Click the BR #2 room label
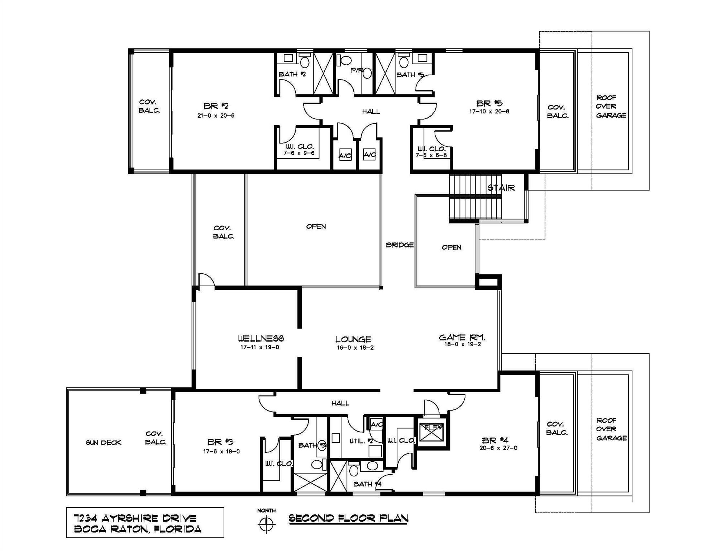(216, 106)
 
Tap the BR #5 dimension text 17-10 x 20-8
(489, 112)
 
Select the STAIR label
(501, 188)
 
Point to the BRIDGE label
(400, 245)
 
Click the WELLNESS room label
(261, 338)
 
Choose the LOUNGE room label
(353, 339)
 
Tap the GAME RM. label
(462, 337)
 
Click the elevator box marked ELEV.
(434, 432)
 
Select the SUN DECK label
(104, 443)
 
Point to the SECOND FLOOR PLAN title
(348, 518)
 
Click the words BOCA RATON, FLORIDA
(137, 529)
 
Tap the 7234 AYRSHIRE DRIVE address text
(135, 518)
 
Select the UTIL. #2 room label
(361, 441)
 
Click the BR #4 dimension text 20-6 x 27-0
(498, 448)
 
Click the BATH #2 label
(292, 74)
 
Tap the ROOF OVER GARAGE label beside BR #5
(611, 107)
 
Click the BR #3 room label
(220, 442)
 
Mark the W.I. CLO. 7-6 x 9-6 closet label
(299, 150)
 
